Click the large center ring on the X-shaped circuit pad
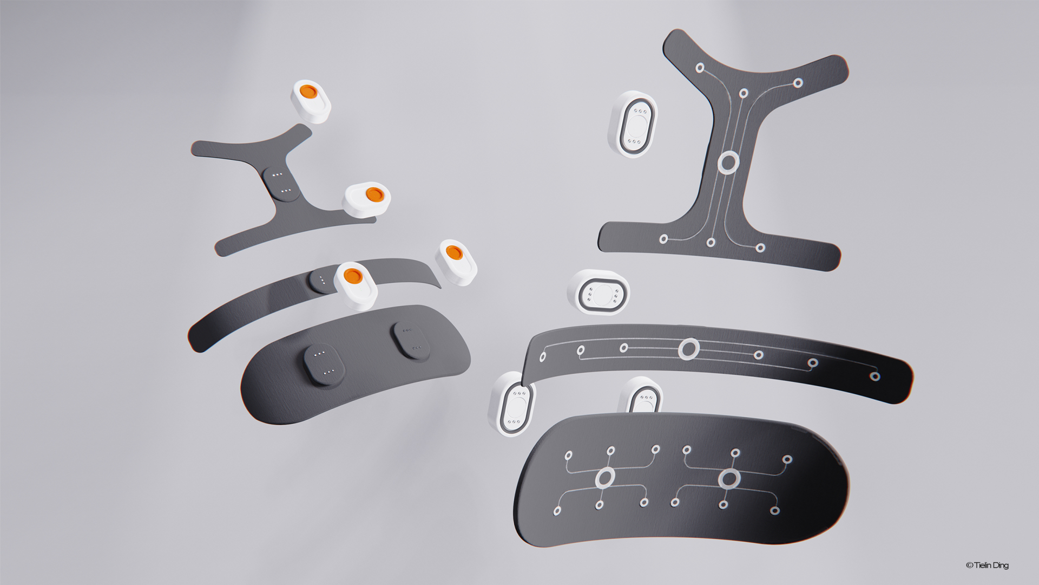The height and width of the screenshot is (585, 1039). (728, 162)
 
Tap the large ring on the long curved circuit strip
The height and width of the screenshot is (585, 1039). (689, 349)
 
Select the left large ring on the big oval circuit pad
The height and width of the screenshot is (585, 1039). (605, 478)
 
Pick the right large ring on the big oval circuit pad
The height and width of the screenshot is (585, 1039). (729, 479)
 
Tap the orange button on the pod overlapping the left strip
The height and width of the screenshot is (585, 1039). (352, 276)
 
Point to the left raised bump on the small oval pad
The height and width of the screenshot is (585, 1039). (324, 365)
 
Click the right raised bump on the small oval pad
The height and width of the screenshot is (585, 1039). (411, 340)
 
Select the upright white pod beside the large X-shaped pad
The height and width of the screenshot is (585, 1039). (633, 124)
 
